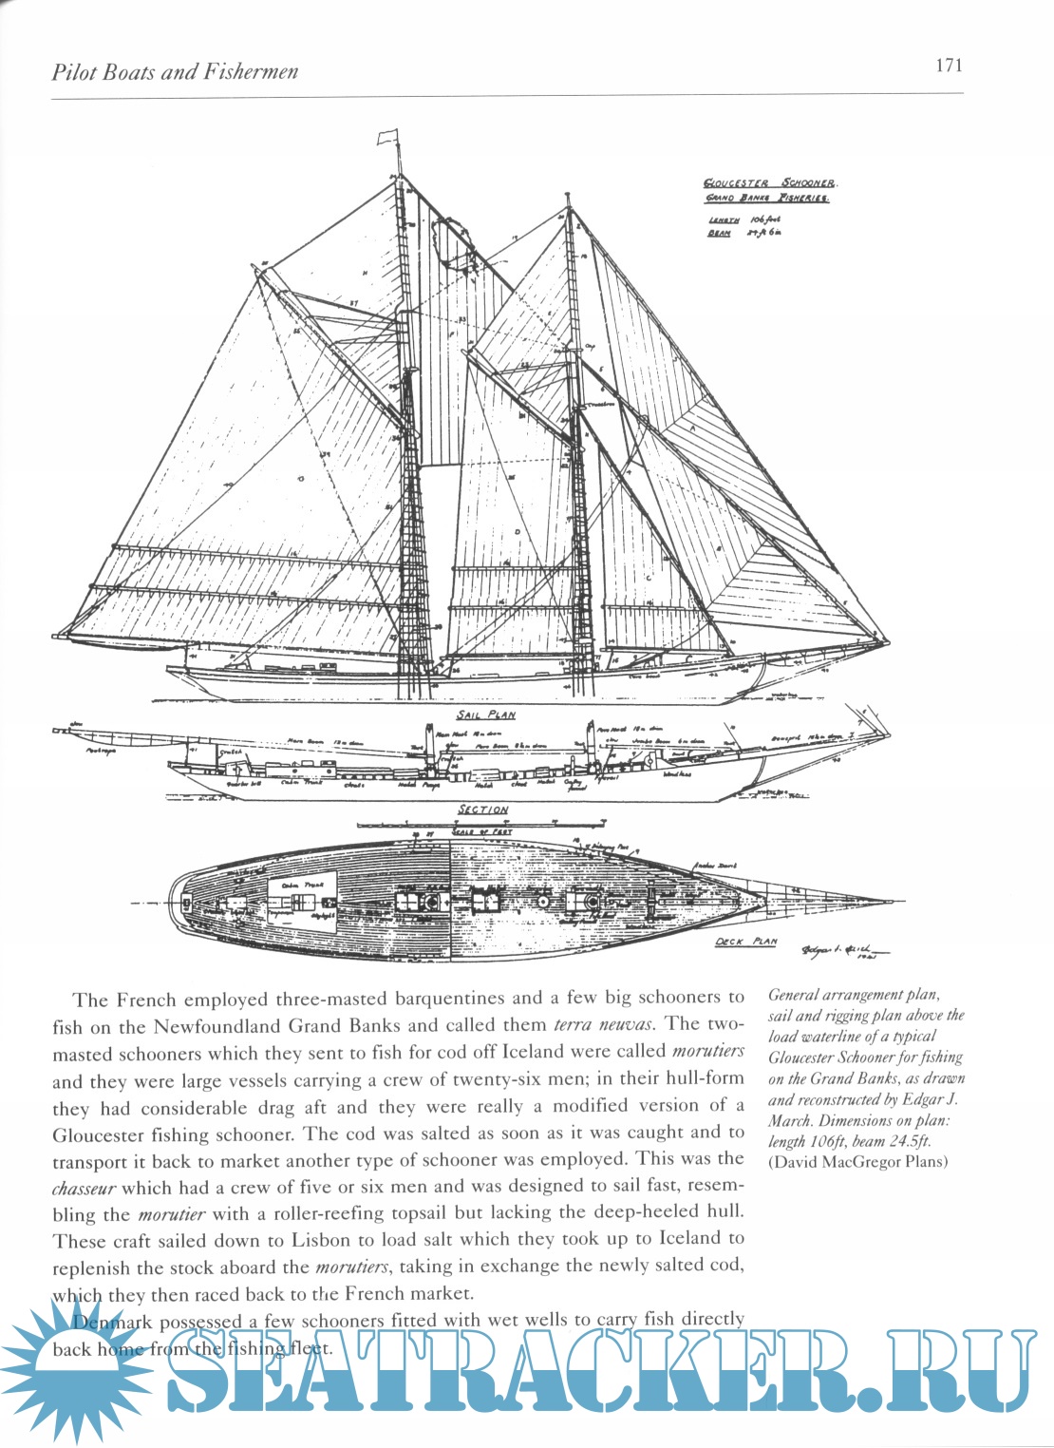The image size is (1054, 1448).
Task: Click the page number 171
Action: [x=948, y=66]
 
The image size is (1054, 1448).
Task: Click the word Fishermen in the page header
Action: [x=248, y=72]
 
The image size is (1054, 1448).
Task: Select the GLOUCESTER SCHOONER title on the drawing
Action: [x=770, y=183]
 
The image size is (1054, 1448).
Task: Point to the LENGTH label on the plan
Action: [x=724, y=219]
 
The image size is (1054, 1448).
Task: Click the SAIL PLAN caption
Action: [x=486, y=714]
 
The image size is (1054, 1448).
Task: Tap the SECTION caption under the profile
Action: [x=483, y=810]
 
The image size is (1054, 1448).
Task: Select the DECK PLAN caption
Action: [x=745, y=942]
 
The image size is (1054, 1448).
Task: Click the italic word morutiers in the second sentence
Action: [x=707, y=1052]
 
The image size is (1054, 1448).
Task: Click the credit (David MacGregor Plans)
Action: [x=857, y=1161]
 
